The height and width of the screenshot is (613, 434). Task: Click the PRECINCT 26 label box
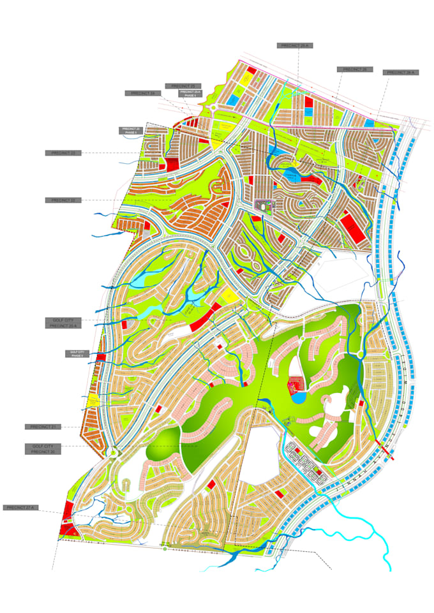pos(354,70)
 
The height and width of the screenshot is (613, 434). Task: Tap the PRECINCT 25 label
pos(183,85)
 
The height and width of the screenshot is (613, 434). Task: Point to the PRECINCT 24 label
pos(143,93)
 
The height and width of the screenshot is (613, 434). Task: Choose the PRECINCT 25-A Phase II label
pos(190,93)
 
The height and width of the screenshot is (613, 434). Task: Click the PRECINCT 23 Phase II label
pos(130,131)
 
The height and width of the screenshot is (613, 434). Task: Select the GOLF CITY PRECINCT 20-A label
pos(63,323)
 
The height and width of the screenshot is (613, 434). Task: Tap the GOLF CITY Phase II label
pos(77,353)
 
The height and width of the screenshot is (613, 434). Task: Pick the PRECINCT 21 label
pos(43,426)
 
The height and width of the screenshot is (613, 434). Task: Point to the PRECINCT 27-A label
pos(21,508)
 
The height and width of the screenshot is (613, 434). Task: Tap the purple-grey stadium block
pos(263,205)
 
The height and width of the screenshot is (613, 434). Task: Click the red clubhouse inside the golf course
pos(296,385)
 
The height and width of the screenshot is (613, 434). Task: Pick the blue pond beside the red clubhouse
pos(299,397)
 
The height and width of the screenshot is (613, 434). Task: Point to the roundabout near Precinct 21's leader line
pos(112,453)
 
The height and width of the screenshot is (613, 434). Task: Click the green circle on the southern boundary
pos(165,548)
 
